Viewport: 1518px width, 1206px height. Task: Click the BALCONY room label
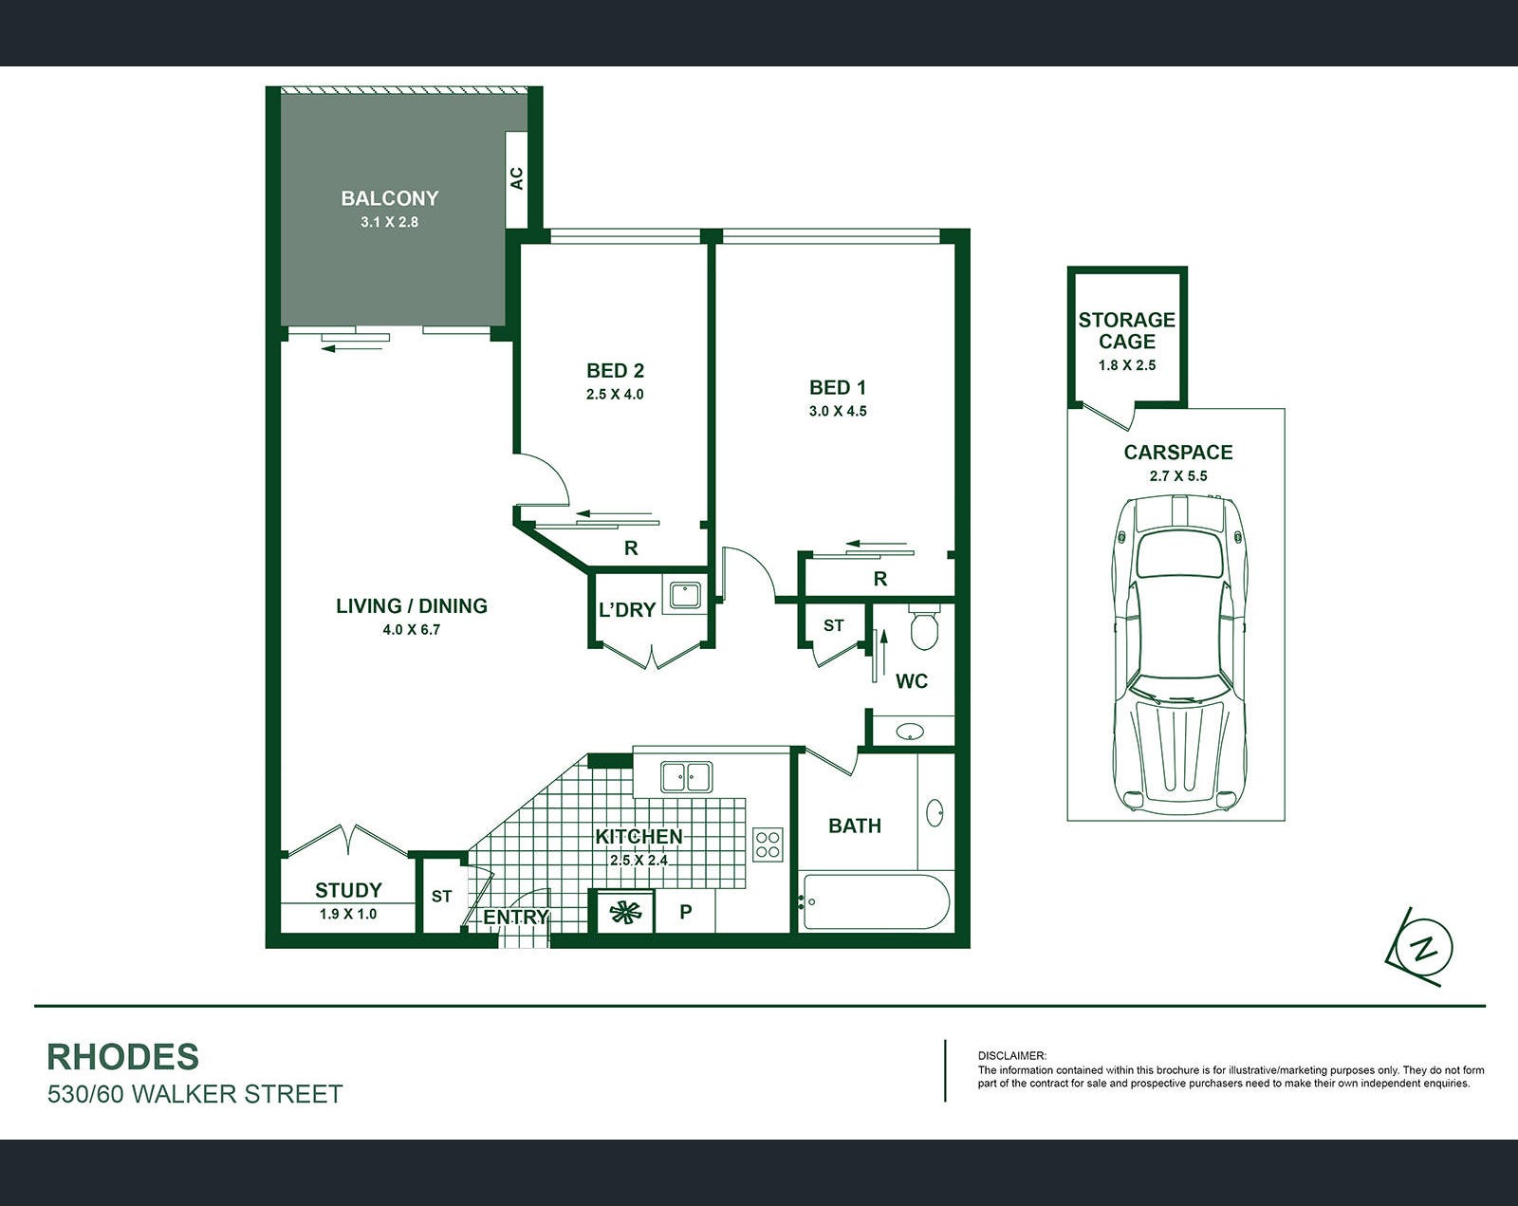click(x=389, y=198)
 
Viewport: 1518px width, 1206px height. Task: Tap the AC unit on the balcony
click(x=516, y=179)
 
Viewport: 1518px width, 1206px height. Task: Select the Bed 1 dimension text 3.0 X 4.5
click(x=838, y=411)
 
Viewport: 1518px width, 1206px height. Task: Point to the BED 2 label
click(x=615, y=370)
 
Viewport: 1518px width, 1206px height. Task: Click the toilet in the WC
click(x=923, y=627)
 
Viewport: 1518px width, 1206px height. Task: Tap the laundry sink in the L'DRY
click(x=685, y=594)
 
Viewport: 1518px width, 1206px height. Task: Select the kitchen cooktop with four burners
click(x=768, y=844)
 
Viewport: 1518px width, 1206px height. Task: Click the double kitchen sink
click(x=686, y=777)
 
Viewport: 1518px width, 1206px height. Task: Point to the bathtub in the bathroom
click(x=876, y=902)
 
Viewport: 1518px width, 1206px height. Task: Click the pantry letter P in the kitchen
click(x=686, y=912)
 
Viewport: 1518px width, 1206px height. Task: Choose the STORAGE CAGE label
click(x=1126, y=330)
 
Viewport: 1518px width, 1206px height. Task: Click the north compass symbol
click(x=1423, y=947)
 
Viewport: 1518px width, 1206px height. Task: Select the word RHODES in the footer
click(x=122, y=1057)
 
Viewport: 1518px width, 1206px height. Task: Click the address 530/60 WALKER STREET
click(x=194, y=1094)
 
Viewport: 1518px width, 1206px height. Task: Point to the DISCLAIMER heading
click(x=1012, y=1056)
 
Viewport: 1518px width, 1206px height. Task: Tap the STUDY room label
click(x=348, y=890)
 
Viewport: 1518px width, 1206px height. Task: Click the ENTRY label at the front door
click(x=515, y=917)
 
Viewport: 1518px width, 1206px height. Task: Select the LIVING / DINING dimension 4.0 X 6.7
click(x=411, y=629)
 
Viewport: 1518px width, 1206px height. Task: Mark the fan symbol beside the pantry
click(x=625, y=913)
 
